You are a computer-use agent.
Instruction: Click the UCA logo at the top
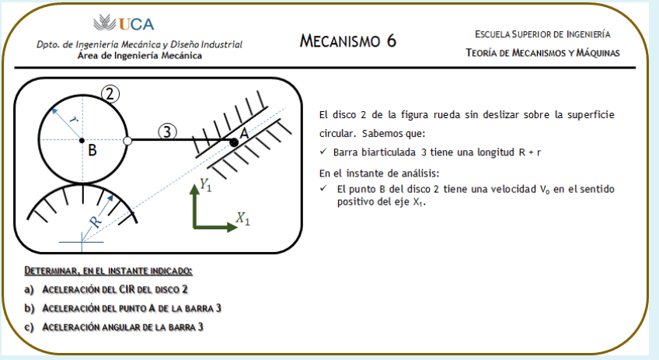[123, 23]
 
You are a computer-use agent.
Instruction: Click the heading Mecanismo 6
[348, 41]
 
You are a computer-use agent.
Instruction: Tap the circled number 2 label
[110, 94]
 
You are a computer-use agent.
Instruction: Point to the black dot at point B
[82, 141]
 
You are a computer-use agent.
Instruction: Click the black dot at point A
[234, 142]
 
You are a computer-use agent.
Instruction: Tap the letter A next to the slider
[244, 133]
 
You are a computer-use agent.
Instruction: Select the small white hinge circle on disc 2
[127, 141]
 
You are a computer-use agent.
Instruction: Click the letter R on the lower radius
[95, 221]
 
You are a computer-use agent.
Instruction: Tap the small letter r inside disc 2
[71, 120]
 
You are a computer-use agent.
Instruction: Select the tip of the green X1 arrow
[234, 228]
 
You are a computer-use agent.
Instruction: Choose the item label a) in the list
[30, 289]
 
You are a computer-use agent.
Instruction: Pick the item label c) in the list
[30, 327]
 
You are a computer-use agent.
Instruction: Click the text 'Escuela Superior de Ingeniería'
[542, 34]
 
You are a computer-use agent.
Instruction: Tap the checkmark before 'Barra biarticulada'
[323, 152]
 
